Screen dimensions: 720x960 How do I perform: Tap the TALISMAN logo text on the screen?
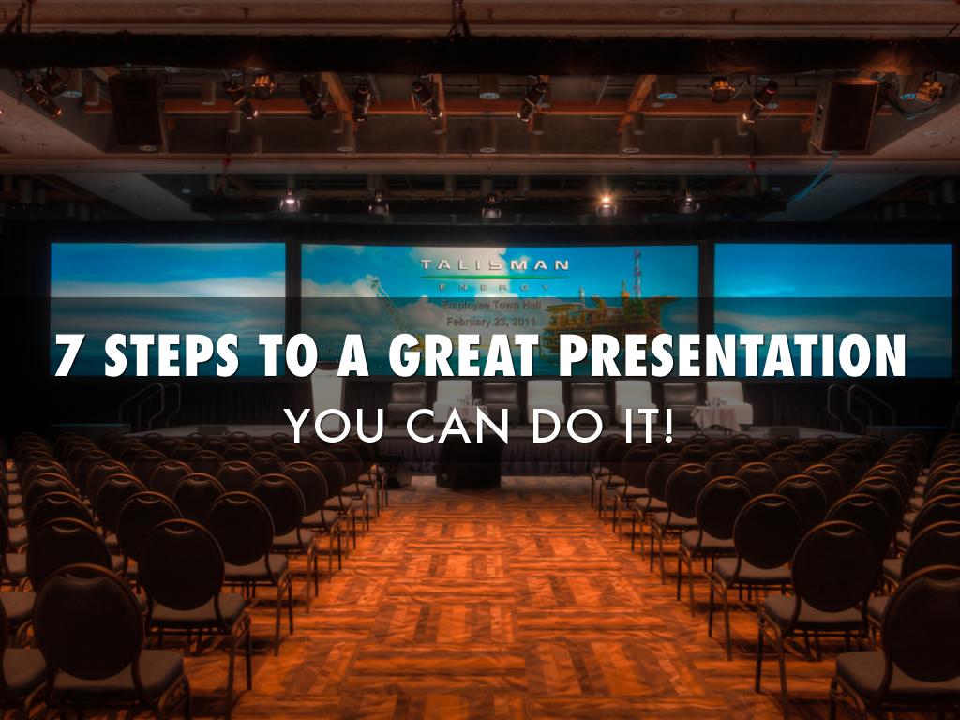click(494, 265)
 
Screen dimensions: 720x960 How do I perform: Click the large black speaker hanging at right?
click(845, 113)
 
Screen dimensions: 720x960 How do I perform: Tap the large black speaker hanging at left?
click(136, 109)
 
